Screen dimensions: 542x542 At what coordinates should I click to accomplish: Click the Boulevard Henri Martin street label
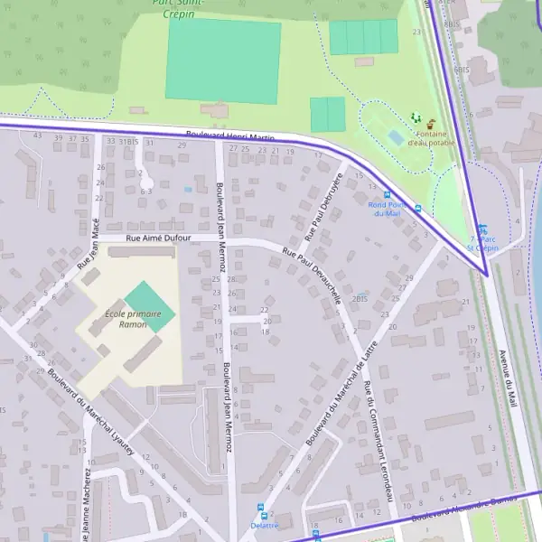point(229,135)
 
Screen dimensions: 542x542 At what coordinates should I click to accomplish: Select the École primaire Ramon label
point(126,319)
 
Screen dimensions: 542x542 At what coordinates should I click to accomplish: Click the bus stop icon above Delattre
point(262,509)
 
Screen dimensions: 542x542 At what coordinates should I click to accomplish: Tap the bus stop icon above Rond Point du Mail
point(388,194)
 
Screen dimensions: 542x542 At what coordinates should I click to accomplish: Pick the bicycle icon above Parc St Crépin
point(482,229)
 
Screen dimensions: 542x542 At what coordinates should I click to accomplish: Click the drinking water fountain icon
point(431,123)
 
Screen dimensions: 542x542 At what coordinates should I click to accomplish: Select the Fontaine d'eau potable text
point(431,138)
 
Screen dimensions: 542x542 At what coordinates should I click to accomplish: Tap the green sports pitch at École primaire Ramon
point(149,306)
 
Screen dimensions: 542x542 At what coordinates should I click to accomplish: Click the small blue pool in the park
point(396,137)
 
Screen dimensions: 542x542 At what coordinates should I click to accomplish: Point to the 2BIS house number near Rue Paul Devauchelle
point(360,298)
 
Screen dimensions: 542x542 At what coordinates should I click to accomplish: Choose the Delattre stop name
point(264,525)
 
